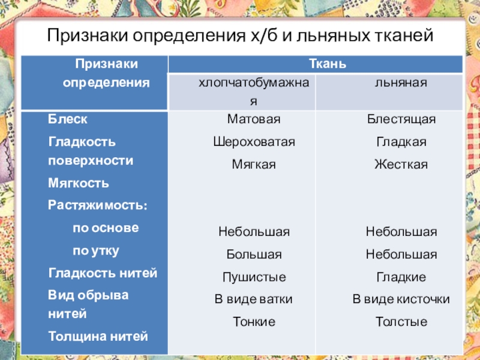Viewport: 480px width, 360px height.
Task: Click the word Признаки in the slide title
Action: (87, 36)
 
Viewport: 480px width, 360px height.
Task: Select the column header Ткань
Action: (328, 64)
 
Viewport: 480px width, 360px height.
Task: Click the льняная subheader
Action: (401, 83)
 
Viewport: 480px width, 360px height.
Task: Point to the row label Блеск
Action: (67, 119)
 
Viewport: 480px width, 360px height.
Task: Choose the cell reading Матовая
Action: (254, 119)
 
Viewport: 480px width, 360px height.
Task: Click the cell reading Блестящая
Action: (401, 119)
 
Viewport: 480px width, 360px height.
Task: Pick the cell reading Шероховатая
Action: (254, 142)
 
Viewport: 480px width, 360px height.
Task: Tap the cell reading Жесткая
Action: (401, 164)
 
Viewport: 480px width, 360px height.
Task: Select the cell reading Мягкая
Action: (254, 164)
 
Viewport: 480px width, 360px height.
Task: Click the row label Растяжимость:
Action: (98, 205)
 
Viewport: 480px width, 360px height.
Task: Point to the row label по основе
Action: (106, 228)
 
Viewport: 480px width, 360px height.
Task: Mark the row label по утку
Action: (96, 251)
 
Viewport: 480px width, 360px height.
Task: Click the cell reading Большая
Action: (254, 254)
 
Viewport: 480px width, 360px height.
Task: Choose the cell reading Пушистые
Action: (254, 277)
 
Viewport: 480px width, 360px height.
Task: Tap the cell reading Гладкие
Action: (401, 277)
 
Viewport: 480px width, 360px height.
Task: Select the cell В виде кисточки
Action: (401, 299)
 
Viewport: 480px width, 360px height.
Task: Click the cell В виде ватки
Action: (253, 299)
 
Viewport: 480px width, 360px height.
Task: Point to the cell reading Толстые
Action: (401, 322)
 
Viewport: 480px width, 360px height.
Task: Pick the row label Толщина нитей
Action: (98, 337)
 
